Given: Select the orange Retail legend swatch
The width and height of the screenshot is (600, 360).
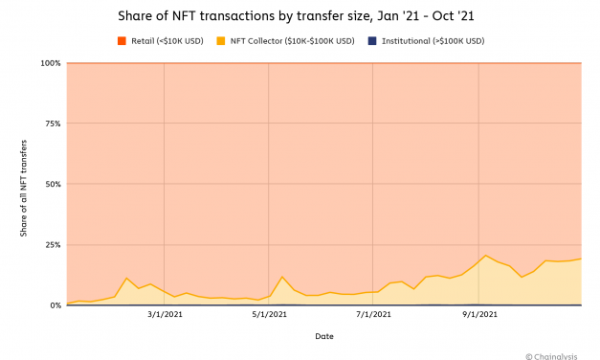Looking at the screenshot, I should pyautogui.click(x=122, y=41).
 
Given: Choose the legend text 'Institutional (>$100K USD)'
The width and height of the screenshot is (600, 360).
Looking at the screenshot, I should pyautogui.click(x=433, y=41).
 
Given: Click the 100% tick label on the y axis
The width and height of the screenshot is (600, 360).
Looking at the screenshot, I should pyautogui.click(x=51, y=63).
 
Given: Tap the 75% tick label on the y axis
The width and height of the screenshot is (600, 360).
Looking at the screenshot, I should pyautogui.click(x=53, y=124).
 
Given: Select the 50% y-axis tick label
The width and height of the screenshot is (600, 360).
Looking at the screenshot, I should pyautogui.click(x=53, y=184).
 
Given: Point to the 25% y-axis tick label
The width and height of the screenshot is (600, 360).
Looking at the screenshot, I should pyautogui.click(x=53, y=245).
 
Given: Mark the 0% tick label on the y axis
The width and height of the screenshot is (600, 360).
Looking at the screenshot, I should pyautogui.click(x=55, y=305).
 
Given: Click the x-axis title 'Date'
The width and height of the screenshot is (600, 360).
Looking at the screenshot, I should pyautogui.click(x=324, y=336).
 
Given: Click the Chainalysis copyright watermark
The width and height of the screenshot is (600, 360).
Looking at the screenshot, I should pyautogui.click(x=559, y=352).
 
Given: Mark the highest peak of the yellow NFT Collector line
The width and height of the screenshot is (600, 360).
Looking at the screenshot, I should pyautogui.click(x=486, y=256).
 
